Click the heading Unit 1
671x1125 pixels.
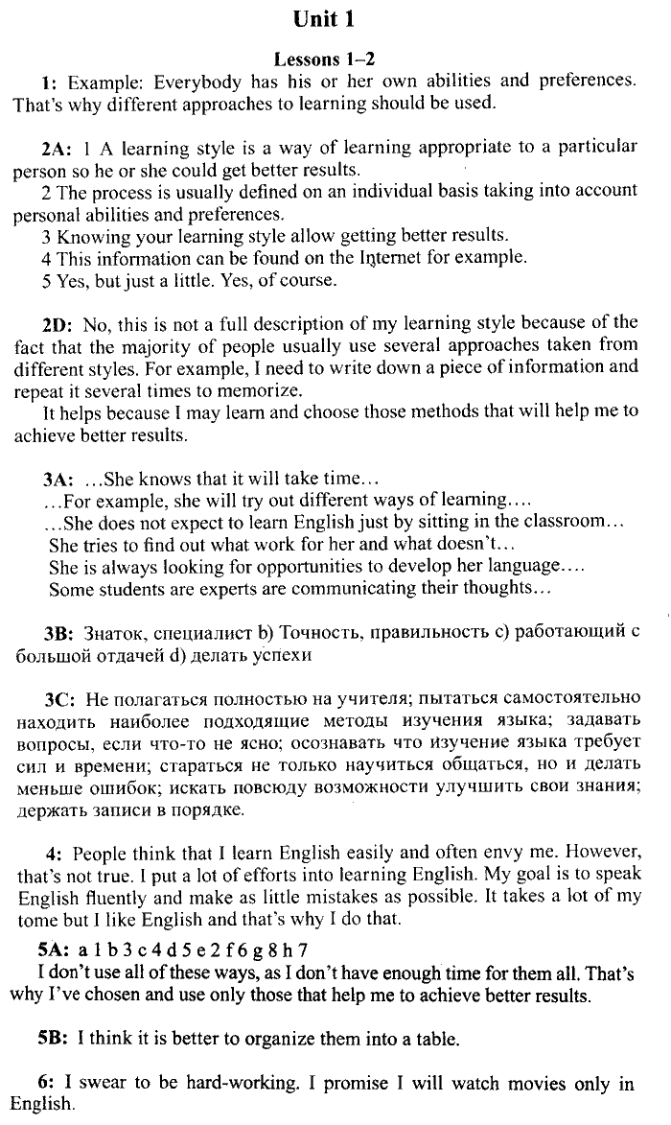coord(335,18)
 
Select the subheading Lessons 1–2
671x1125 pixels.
coord(335,59)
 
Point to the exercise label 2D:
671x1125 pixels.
coord(57,323)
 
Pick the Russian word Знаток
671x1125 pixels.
coord(110,636)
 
